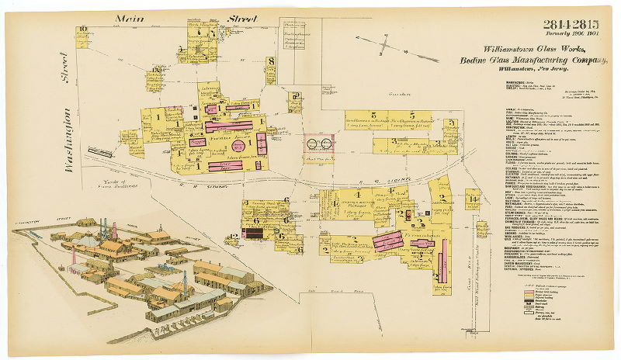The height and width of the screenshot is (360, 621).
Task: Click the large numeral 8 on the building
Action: (271, 61)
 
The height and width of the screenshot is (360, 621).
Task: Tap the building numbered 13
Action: (157, 71)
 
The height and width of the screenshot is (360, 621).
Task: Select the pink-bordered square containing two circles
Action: (318, 144)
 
